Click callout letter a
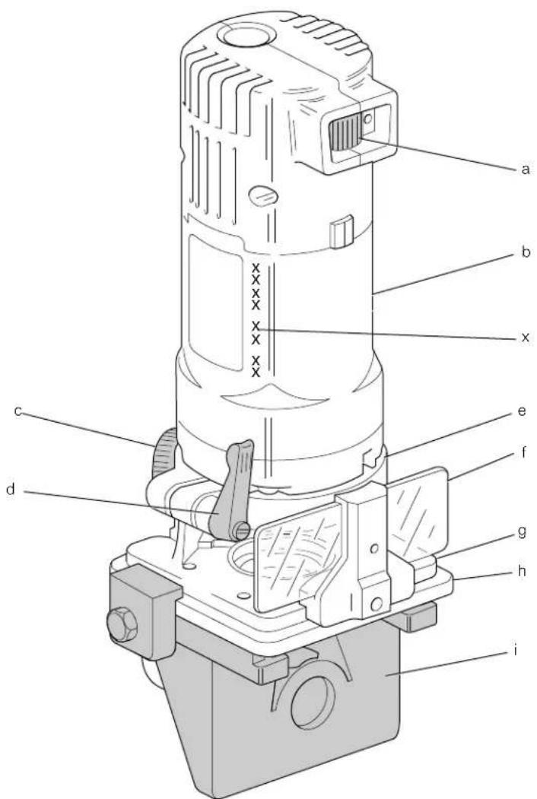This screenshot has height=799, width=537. pos(525,170)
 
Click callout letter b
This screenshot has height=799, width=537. pos(525,252)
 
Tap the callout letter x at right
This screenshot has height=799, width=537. pos(525,338)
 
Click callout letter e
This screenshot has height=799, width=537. pos(522,411)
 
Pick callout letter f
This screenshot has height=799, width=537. pos(523,452)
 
